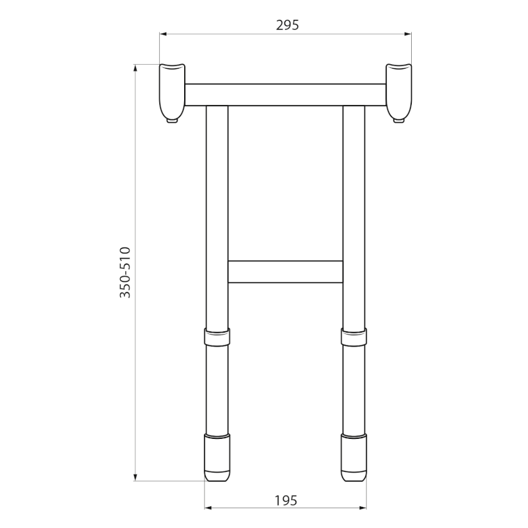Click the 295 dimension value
tap(287, 25)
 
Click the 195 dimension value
tap(286, 501)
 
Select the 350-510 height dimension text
tap(125, 273)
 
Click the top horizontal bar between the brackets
tap(285, 94)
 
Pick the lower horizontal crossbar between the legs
tap(285, 272)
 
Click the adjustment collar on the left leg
tap(217, 337)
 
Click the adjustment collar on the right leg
tap(354, 337)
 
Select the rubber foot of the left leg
tap(218, 457)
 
